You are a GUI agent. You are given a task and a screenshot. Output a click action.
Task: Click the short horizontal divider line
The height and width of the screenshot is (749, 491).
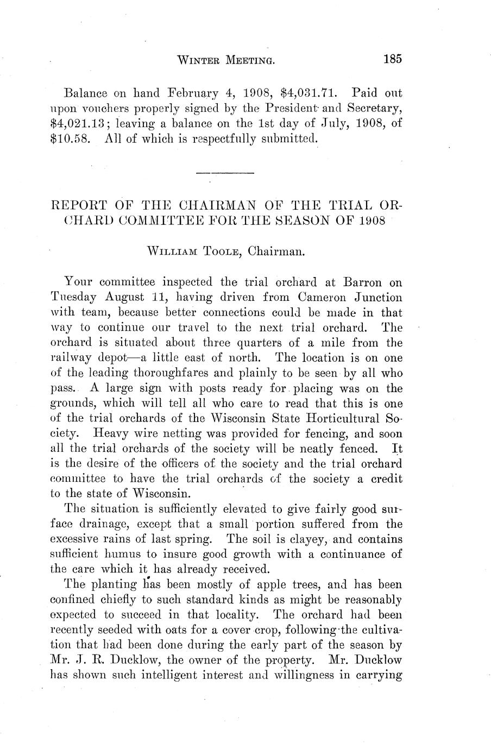(225, 173)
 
